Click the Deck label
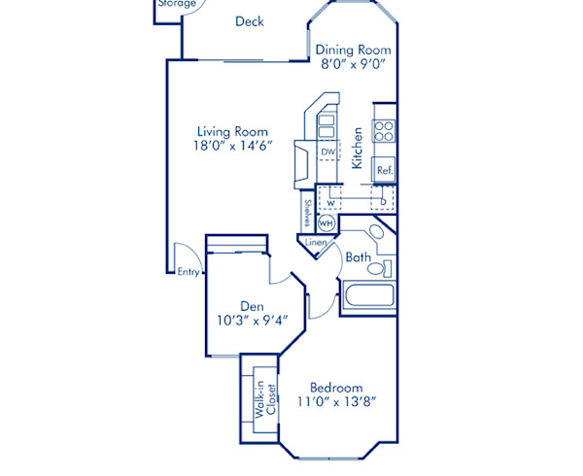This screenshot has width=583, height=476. point(249,22)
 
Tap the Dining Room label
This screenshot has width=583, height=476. point(355,50)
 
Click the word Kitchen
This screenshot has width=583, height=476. point(358,148)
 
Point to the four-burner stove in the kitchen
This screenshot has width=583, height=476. point(384,129)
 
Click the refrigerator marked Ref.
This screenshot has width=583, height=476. point(385,169)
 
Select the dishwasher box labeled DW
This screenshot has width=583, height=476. point(328,153)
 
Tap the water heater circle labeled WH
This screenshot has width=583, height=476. point(326,222)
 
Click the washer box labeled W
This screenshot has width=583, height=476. point(331,203)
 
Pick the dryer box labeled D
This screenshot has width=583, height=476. point(384,203)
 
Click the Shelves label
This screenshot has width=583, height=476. point(307,213)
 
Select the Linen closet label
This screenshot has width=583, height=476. point(316,242)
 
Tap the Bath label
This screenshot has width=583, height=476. point(358,257)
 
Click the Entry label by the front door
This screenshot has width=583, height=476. point(189,272)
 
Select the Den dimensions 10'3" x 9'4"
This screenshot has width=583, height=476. point(252,323)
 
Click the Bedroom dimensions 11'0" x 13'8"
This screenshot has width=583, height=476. point(336,400)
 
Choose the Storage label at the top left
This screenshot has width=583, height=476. point(176,4)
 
